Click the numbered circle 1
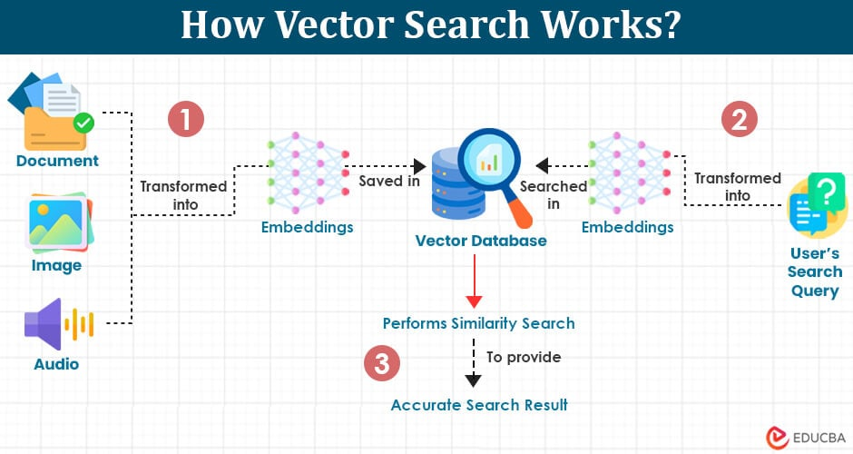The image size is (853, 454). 186,120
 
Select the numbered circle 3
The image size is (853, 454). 382,364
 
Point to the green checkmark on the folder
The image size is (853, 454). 83,122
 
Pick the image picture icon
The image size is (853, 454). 57,222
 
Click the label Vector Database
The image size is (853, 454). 481,241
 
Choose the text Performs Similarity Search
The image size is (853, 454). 478,323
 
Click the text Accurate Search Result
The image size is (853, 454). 479,405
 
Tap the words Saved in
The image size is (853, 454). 388,181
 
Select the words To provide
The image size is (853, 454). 524,357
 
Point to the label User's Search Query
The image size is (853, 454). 814,271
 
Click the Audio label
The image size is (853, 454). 56,364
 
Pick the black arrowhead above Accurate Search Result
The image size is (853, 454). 474,380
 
